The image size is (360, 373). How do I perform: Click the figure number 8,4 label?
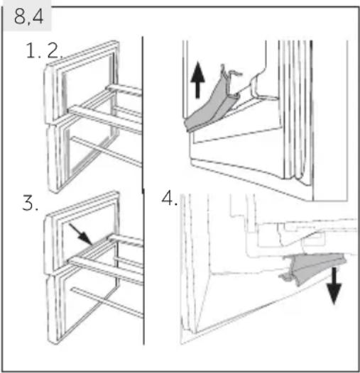pos(28,16)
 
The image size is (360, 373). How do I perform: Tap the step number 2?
pos(55,50)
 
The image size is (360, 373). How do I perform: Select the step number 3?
pos(30,203)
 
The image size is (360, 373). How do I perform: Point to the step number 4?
pos(170,199)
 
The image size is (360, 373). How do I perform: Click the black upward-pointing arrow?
pos(197,79)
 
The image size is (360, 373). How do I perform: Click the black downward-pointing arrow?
pos(334,286)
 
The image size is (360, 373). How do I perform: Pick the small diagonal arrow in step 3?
pos(81,234)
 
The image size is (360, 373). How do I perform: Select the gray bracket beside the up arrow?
pos(212,107)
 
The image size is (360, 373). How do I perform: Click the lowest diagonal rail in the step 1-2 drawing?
pos(106,152)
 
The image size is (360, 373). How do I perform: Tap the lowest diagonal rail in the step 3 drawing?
pos(107,302)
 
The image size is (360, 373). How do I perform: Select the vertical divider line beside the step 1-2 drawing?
pos(143,114)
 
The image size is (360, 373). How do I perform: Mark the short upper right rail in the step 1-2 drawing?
pos(124,90)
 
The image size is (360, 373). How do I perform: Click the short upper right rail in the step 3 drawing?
pos(126,240)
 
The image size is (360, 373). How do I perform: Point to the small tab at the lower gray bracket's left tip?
pos(284,276)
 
